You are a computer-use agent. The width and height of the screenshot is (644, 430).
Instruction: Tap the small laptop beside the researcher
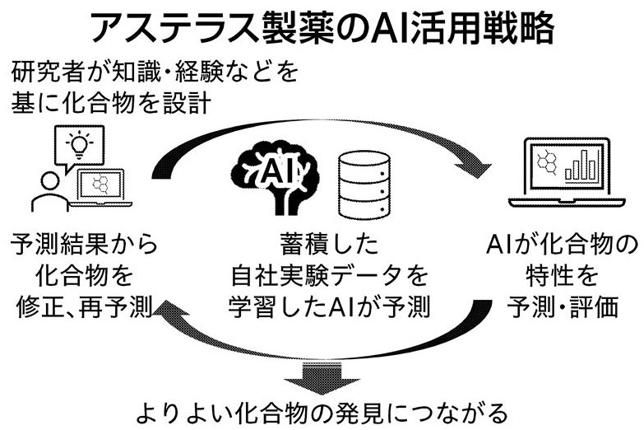coord(101,187)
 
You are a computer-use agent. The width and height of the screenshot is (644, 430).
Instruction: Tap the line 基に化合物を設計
coord(113,104)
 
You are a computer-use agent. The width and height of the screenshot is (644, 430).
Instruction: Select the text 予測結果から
coord(81,245)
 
